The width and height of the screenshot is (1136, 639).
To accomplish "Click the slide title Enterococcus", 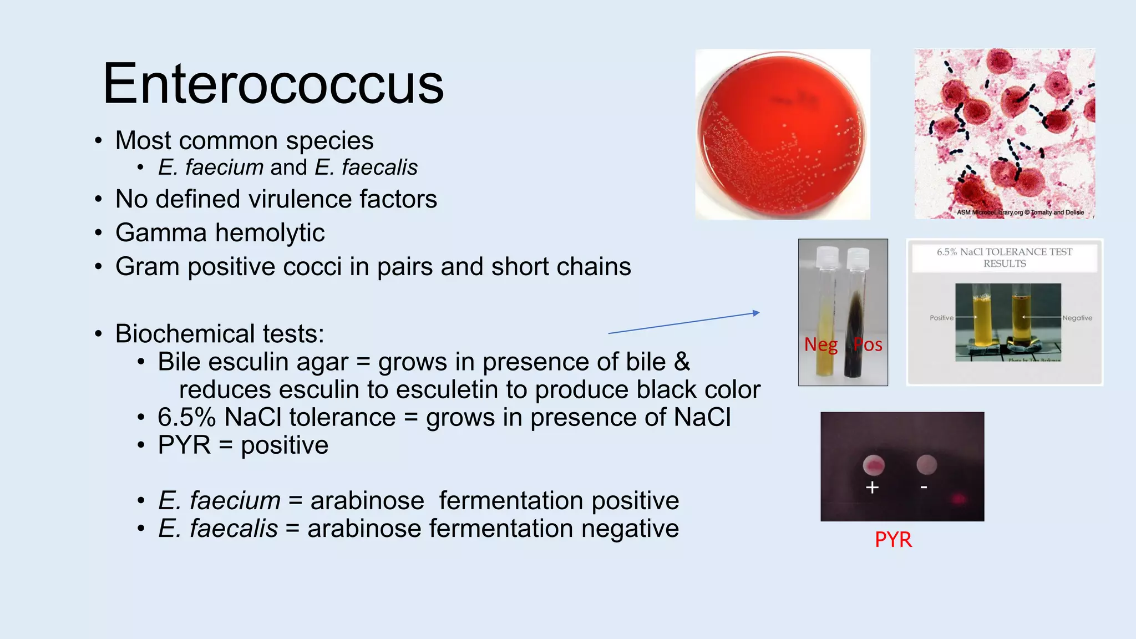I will pyautogui.click(x=273, y=84).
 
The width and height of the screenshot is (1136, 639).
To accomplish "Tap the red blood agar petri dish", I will pyautogui.click(x=782, y=134).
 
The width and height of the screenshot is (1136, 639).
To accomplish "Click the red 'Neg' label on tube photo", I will pyautogui.click(x=820, y=344).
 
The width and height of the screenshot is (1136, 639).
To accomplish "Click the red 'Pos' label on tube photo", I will pyautogui.click(x=868, y=344).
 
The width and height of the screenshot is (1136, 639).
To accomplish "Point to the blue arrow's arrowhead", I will pyautogui.click(x=757, y=313).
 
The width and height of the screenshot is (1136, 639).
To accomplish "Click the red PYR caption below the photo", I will pyautogui.click(x=893, y=540).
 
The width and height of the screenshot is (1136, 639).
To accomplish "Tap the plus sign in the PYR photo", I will pyautogui.click(x=872, y=488).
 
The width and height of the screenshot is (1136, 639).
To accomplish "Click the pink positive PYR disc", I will pyautogui.click(x=874, y=465).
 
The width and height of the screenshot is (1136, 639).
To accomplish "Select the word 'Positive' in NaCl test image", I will pyautogui.click(x=941, y=318).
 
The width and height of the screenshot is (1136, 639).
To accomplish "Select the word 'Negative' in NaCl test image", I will pyautogui.click(x=1077, y=318).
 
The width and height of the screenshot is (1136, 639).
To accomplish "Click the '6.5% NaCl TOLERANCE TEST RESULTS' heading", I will pyautogui.click(x=1005, y=258).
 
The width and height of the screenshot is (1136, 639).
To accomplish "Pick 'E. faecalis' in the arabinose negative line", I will pyautogui.click(x=218, y=529).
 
